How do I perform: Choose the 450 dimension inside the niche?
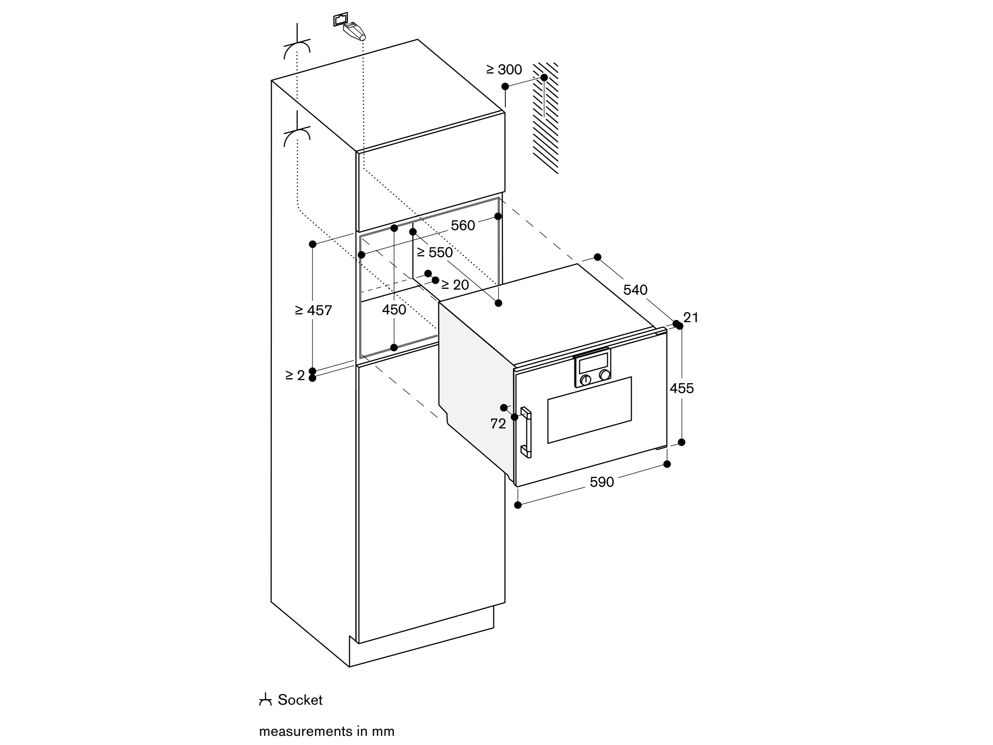[x=394, y=309]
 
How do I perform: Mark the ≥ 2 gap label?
[x=295, y=375]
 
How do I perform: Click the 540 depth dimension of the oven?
[x=635, y=290]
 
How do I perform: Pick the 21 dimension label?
[x=691, y=318]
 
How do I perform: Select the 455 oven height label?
[x=681, y=388]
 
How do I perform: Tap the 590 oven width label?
[x=602, y=482]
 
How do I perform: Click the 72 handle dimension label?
[x=498, y=423]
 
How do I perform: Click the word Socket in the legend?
[x=300, y=700]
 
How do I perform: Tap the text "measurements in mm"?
[x=326, y=731]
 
